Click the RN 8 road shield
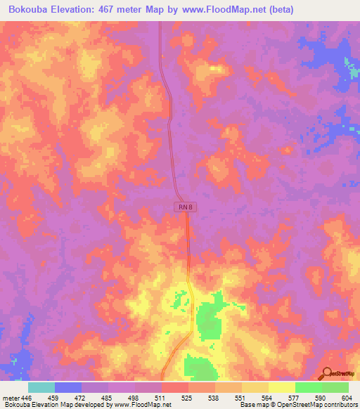[x=183, y=206]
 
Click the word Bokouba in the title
[x=28, y=10]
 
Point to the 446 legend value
[x=27, y=398]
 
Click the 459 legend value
[x=69, y=398]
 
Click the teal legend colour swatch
[x=41, y=387]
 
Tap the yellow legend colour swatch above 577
[x=282, y=387]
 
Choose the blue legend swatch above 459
[x=68, y=387]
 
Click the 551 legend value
[x=229, y=398]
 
